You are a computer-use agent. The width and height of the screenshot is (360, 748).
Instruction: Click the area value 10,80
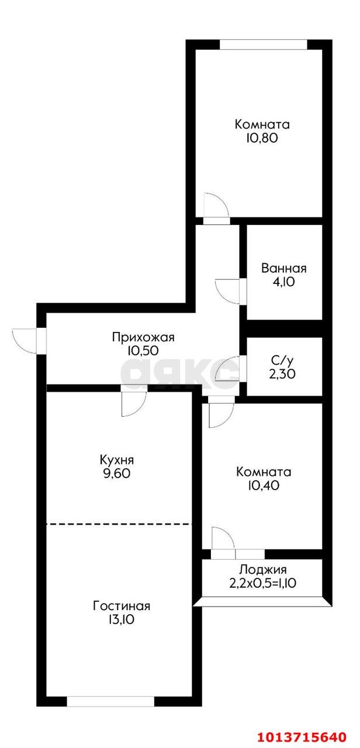[x=262, y=138]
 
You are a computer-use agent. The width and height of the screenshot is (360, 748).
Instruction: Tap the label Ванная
[x=284, y=269]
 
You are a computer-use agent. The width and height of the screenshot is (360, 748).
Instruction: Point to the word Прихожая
[x=143, y=337]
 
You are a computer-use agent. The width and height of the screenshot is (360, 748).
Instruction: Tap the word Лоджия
[x=263, y=570]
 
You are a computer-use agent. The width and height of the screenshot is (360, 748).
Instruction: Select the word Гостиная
[x=122, y=605]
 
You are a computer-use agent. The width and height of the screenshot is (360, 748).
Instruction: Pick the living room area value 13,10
[x=122, y=619]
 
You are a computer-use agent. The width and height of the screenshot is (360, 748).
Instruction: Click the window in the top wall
[x=263, y=44]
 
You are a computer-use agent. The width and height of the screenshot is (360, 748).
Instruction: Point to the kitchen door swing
[x=133, y=403]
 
